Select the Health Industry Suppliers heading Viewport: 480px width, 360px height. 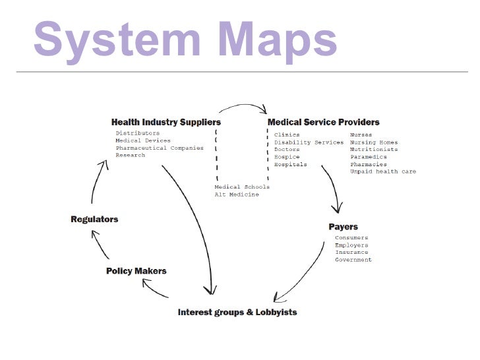pos(165,122)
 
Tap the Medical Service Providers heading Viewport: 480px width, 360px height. pos(323,122)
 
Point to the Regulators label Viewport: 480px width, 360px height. pos(94,219)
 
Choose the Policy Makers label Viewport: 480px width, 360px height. pos(136,270)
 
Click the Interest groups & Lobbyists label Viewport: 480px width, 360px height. pos(237,312)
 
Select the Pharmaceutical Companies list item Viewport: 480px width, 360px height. pos(160,148)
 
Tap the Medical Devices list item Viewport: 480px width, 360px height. pos(142,140)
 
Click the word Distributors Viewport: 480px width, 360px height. pos(137,133)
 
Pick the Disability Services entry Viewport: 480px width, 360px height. pos(309,142)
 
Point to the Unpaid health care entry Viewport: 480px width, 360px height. pos(382,171)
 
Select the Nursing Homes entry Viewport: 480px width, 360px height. pos(374,142)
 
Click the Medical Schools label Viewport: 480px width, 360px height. pos(241,187)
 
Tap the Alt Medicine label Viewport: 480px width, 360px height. pos(236,195)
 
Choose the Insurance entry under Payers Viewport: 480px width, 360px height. pos(351,252)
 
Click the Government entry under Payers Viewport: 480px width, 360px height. pos(353,260)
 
